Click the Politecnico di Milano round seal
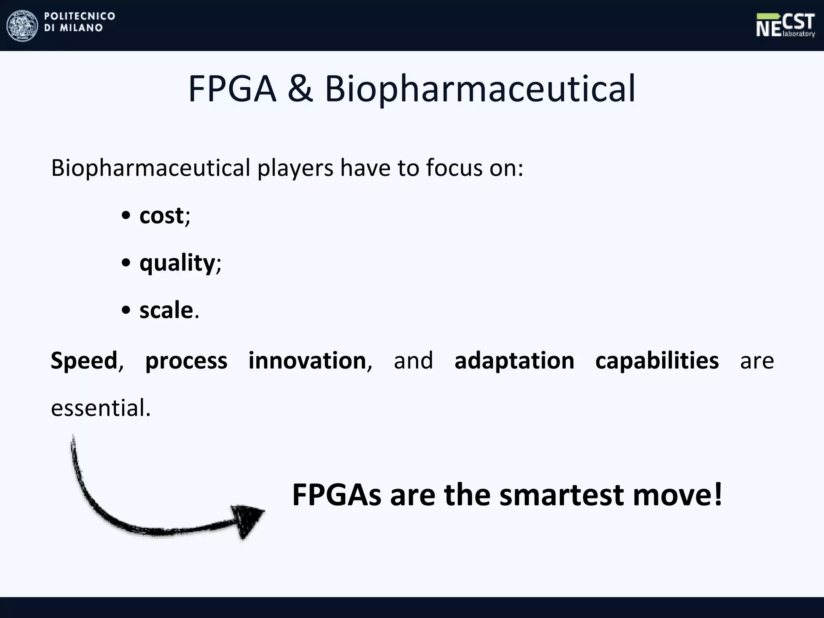22,25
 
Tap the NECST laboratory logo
785,25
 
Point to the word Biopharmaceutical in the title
480,89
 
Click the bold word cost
161,216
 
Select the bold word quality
177,264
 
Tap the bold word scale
166,311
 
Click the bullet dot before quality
126,263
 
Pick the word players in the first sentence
295,168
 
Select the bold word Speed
84,360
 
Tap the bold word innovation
307,360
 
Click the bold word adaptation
514,360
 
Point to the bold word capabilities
657,360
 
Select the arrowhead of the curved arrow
248,520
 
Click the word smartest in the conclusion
562,495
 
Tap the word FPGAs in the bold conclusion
336,495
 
